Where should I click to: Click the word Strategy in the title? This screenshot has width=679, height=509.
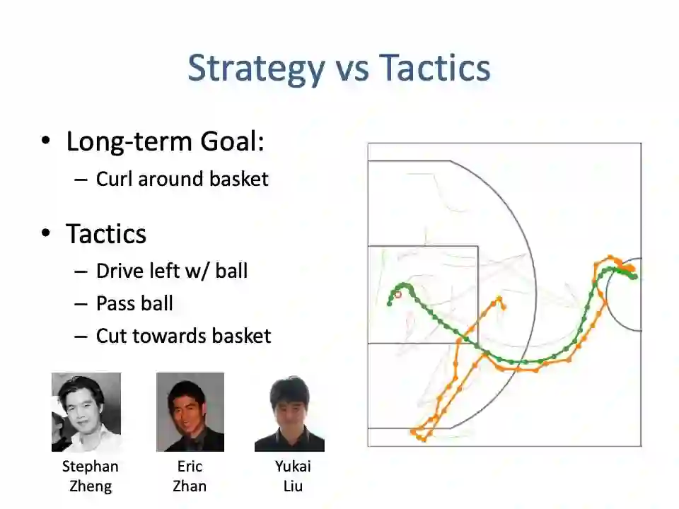point(256,69)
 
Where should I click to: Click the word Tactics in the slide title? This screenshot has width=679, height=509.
point(434,68)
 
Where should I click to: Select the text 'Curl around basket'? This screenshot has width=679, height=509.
point(182,179)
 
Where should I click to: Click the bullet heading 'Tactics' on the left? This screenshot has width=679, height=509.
point(106,234)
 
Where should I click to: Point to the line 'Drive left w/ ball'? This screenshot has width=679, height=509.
point(172,271)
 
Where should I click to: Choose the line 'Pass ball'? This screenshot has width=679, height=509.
point(134,303)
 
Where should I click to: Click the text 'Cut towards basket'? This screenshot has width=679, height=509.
point(184,336)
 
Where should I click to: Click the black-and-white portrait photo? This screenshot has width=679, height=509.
point(86,412)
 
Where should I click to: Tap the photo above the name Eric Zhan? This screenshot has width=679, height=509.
point(190,412)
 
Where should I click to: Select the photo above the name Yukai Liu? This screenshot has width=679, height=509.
point(289,414)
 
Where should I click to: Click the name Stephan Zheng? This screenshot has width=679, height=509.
point(90,476)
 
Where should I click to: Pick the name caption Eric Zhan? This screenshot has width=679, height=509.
point(190,476)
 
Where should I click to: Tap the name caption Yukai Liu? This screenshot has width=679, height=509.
point(293,476)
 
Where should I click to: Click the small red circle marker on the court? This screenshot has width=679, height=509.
point(398,295)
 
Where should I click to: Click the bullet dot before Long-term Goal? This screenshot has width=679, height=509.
point(45,141)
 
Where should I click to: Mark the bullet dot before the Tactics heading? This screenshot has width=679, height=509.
point(45,233)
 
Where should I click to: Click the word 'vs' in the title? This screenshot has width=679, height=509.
point(352,71)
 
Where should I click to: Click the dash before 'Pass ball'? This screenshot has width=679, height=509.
point(81,304)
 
